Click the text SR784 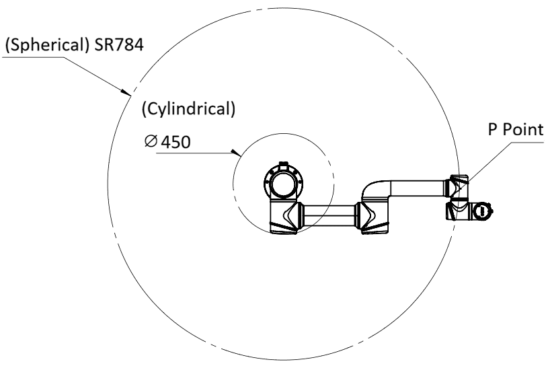[119, 45]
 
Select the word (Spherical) [47, 45]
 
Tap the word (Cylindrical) [188, 109]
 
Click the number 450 [175, 142]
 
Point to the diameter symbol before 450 [151, 141]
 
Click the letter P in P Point [493, 129]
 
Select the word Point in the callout [523, 129]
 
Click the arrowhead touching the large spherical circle [126, 92]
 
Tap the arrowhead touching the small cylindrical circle [236, 152]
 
